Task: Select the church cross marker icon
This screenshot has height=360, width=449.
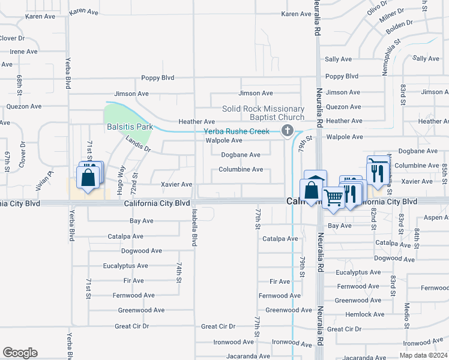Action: pos(288,130)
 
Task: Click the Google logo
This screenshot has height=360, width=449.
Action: pos(20,353)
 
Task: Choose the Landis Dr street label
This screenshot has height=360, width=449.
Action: pos(138,144)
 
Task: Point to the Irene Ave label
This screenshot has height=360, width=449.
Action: pos(24,52)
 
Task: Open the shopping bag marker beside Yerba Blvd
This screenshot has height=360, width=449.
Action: pos(88,178)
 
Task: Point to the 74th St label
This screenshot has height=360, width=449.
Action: pos(179,272)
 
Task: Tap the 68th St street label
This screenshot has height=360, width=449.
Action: pos(19,86)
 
